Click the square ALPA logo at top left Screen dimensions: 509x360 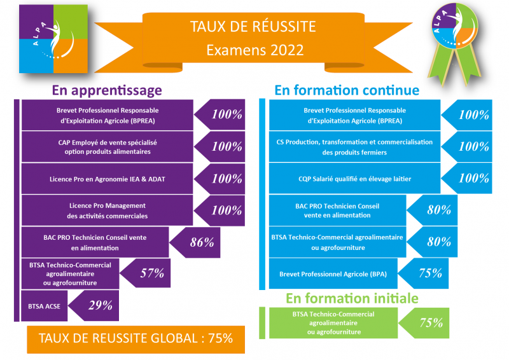point(53,39)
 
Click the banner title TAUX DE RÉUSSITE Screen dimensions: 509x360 point(253,27)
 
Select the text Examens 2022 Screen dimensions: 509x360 point(255,50)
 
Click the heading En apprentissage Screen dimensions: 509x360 point(107,90)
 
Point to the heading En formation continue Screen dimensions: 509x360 point(347,90)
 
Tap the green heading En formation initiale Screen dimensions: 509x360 point(352,298)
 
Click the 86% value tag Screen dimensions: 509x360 point(195,242)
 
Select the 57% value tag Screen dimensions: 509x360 point(145,273)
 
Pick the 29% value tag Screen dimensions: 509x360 point(94,305)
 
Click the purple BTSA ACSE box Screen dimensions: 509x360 point(44,306)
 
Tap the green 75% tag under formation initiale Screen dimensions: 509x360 point(424,323)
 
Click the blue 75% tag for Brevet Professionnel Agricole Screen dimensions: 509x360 point(423,273)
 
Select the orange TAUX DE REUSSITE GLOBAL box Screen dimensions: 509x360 point(136,339)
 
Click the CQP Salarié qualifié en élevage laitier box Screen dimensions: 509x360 point(354,179)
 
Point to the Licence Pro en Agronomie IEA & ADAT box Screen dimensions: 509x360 point(107,179)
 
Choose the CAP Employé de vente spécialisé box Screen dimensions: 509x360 point(107,147)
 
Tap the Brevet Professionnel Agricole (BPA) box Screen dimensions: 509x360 point(333,273)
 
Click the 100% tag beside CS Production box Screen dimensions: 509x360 point(467,147)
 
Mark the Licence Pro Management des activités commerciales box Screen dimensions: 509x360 point(107,211)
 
